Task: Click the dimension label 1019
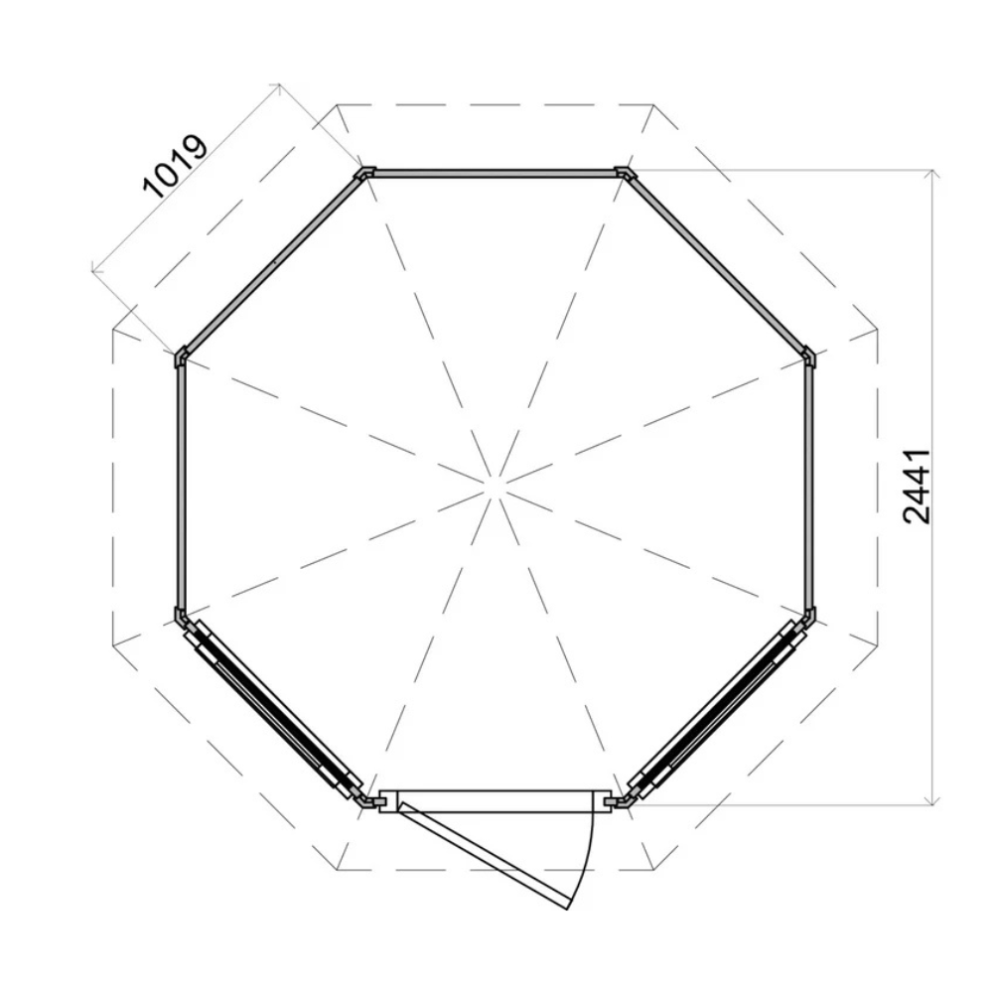(x=176, y=167)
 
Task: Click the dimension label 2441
(x=917, y=487)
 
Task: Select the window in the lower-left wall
(x=270, y=707)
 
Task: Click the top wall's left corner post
(x=365, y=174)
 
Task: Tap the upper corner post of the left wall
(x=181, y=356)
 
